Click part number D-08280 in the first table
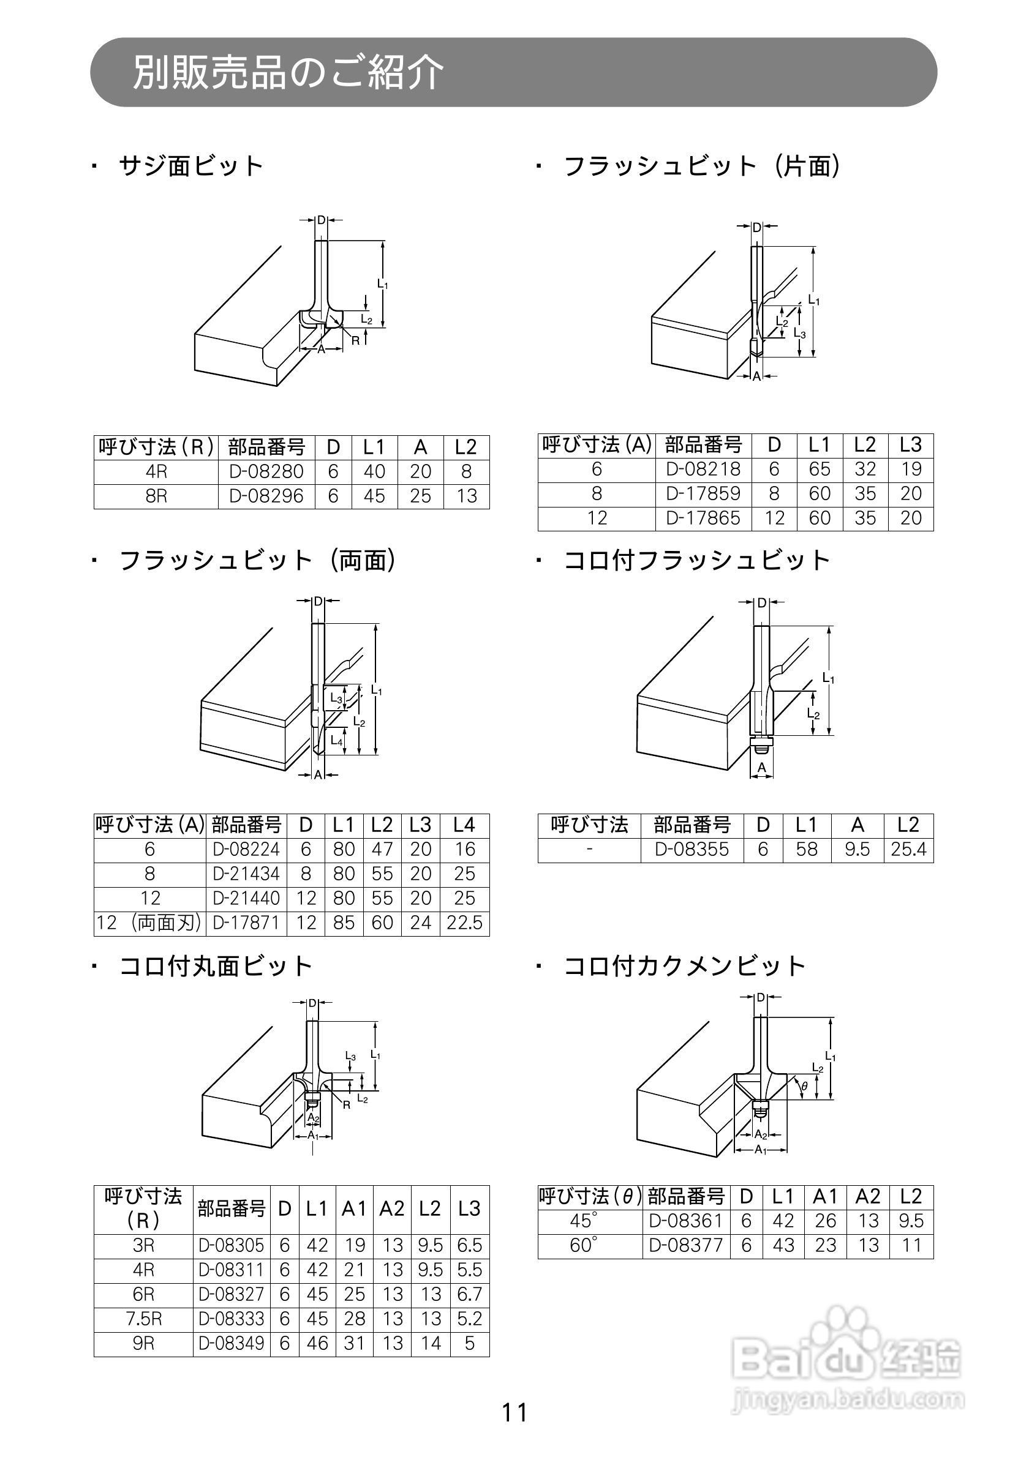point(266,472)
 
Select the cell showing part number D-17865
point(703,519)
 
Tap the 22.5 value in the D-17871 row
point(464,923)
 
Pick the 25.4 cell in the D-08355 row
point(908,850)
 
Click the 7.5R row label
point(143,1319)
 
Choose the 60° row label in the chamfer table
point(583,1246)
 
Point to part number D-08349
point(231,1343)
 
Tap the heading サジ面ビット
point(190,167)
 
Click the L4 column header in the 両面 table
point(464,825)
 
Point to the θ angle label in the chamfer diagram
point(804,1087)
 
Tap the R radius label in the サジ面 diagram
point(355,340)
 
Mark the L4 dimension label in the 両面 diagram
point(336,741)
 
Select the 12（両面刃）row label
point(149,923)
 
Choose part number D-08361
point(685,1221)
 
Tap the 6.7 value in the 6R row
point(469,1295)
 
